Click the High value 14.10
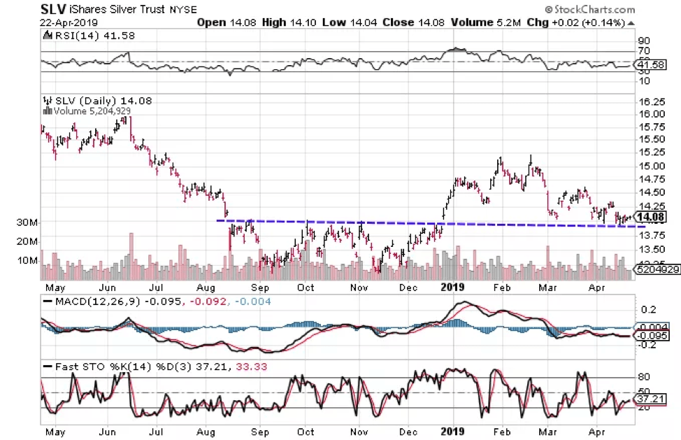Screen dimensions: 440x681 tap(288, 22)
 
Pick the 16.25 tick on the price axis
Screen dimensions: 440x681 tap(651, 101)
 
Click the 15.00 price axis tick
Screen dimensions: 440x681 tap(651, 166)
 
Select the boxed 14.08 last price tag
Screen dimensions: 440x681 tap(653, 217)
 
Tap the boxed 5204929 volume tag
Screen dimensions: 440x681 tap(657, 269)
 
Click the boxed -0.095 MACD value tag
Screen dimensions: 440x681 tap(654, 335)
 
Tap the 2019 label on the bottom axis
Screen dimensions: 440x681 tap(454, 432)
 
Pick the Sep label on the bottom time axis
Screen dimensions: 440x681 tap(259, 432)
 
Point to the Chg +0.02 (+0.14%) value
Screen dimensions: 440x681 tap(587, 22)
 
